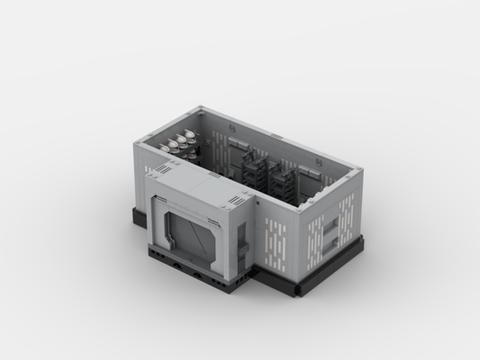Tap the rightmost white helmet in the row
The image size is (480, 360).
[191, 136]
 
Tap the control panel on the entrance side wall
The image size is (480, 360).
[241, 238]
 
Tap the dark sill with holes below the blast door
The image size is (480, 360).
[194, 268]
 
